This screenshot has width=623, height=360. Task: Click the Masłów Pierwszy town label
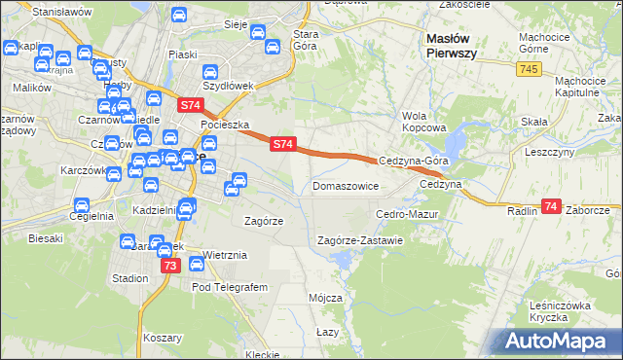[x=452, y=46]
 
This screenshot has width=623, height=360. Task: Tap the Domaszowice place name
[x=345, y=185]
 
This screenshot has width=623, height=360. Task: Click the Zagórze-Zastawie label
[x=360, y=240]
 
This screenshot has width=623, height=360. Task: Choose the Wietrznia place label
[x=226, y=255]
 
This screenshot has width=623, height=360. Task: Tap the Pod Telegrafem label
[x=229, y=288]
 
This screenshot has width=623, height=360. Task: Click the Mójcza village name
[x=325, y=297]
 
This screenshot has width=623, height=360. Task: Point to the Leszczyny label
[x=550, y=152]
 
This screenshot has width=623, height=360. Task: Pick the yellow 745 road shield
[x=529, y=69]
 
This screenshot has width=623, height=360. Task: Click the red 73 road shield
[x=170, y=266]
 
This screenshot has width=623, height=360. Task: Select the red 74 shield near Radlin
[x=551, y=206]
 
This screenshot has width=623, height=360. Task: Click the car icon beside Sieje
[x=258, y=33]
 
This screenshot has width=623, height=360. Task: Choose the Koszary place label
[x=163, y=338]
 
